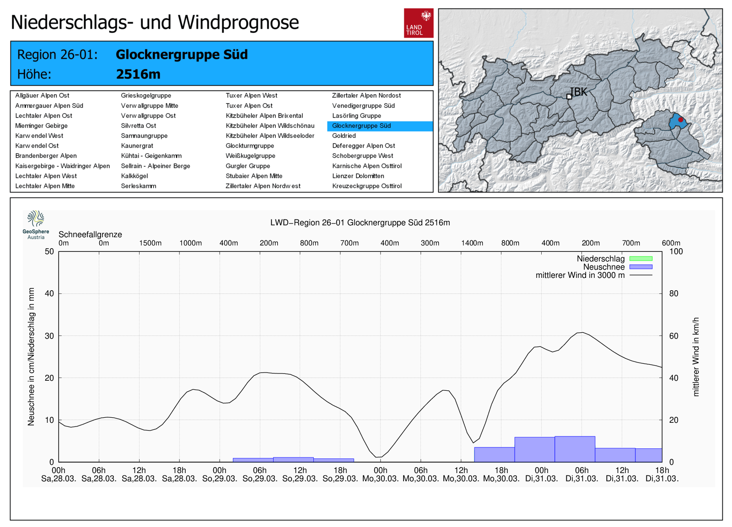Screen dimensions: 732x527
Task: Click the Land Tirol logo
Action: [x=419, y=23]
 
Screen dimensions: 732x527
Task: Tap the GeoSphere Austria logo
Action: [x=36, y=225]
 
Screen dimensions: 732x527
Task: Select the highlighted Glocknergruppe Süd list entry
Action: [x=380, y=126]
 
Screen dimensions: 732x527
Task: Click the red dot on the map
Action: [x=681, y=120]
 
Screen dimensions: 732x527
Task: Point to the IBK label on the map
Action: [x=578, y=92]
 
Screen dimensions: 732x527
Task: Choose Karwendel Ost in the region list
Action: [x=37, y=146]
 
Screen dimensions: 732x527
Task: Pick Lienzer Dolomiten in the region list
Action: [x=358, y=176]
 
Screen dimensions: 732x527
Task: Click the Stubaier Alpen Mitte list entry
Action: [x=254, y=176]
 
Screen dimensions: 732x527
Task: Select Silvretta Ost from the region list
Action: [x=139, y=126]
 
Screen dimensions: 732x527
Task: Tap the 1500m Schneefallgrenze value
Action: [x=151, y=243]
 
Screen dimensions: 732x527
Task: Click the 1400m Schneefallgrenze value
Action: [x=472, y=243]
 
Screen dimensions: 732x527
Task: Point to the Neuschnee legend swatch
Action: [x=641, y=267]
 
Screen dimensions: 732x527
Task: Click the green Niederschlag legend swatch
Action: [x=641, y=259]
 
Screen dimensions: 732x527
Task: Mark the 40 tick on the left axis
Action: [x=49, y=293]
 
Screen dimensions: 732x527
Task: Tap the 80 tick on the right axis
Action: [x=674, y=293]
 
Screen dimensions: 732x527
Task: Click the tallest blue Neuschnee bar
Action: [x=575, y=449]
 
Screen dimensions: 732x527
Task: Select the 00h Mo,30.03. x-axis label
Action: [x=380, y=475]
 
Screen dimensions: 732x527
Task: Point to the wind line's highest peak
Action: [x=582, y=333]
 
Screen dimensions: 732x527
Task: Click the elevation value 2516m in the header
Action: [x=138, y=75]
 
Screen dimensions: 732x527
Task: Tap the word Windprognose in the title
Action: [x=238, y=22]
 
